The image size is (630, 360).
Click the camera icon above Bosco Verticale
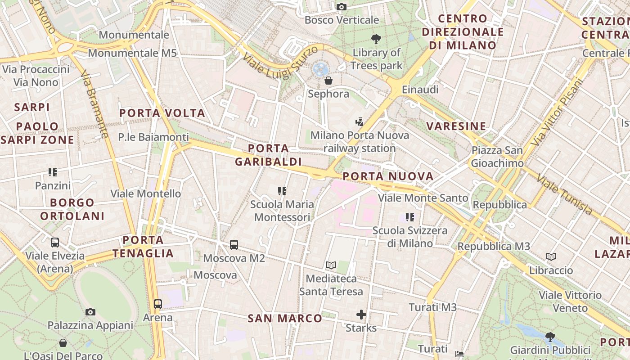pyautogui.click(x=342, y=7)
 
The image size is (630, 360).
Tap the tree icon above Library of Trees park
pyautogui.click(x=376, y=39)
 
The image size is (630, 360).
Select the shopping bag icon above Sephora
pyautogui.click(x=328, y=81)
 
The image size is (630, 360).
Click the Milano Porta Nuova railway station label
pyautogui.click(x=360, y=142)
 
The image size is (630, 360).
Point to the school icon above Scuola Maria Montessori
pyautogui.click(x=282, y=191)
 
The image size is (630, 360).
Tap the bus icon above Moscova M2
pyautogui.click(x=234, y=245)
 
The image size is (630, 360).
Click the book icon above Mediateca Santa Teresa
pyautogui.click(x=331, y=265)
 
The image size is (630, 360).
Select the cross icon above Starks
pyautogui.click(x=361, y=315)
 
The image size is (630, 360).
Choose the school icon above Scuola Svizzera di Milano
pyautogui.click(x=409, y=217)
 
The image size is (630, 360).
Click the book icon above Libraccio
pyautogui.click(x=551, y=257)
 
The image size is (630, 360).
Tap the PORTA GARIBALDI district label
pyautogui.click(x=268, y=155)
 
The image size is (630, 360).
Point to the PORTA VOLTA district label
pyautogui.click(x=162, y=113)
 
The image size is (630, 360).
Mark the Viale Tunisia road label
pyautogui.click(x=564, y=194)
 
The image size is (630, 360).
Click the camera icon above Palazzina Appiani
pyautogui.click(x=90, y=312)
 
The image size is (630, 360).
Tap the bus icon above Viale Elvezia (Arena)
pyautogui.click(x=55, y=243)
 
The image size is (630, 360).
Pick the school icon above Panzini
pyautogui.click(x=53, y=172)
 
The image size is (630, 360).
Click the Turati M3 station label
pyautogui.click(x=432, y=307)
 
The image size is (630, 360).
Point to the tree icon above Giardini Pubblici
pyautogui.click(x=550, y=336)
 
